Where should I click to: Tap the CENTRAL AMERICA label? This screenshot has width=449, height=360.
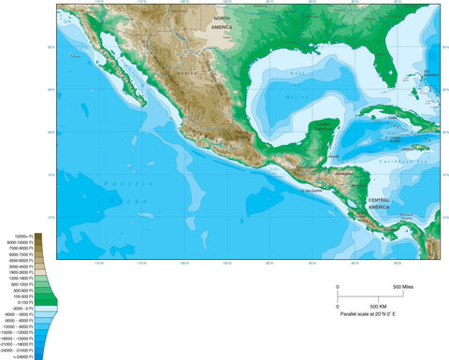tap(380, 203)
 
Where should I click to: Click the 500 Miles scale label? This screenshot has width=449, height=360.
tap(403, 286)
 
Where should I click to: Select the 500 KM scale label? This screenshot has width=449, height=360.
tap(373, 307)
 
